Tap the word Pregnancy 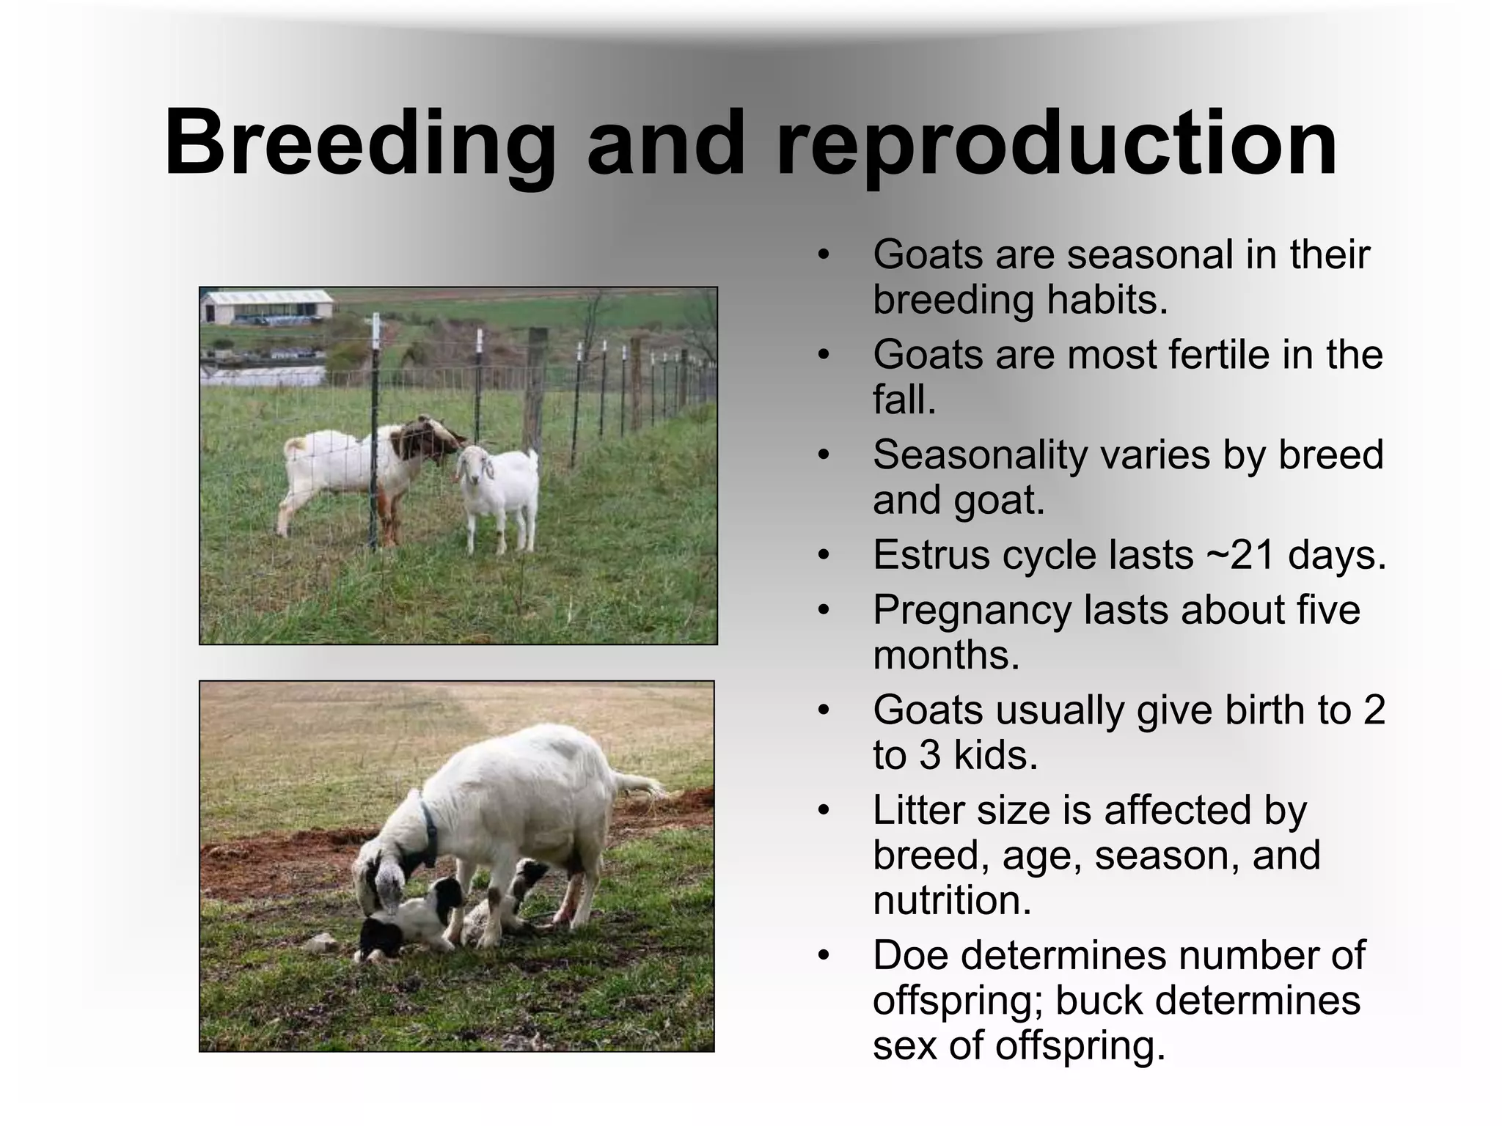coord(972,611)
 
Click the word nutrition coord(951,900)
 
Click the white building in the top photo coord(267,306)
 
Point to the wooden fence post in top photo coord(536,389)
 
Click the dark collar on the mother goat coord(428,836)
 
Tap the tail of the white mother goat coord(638,784)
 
